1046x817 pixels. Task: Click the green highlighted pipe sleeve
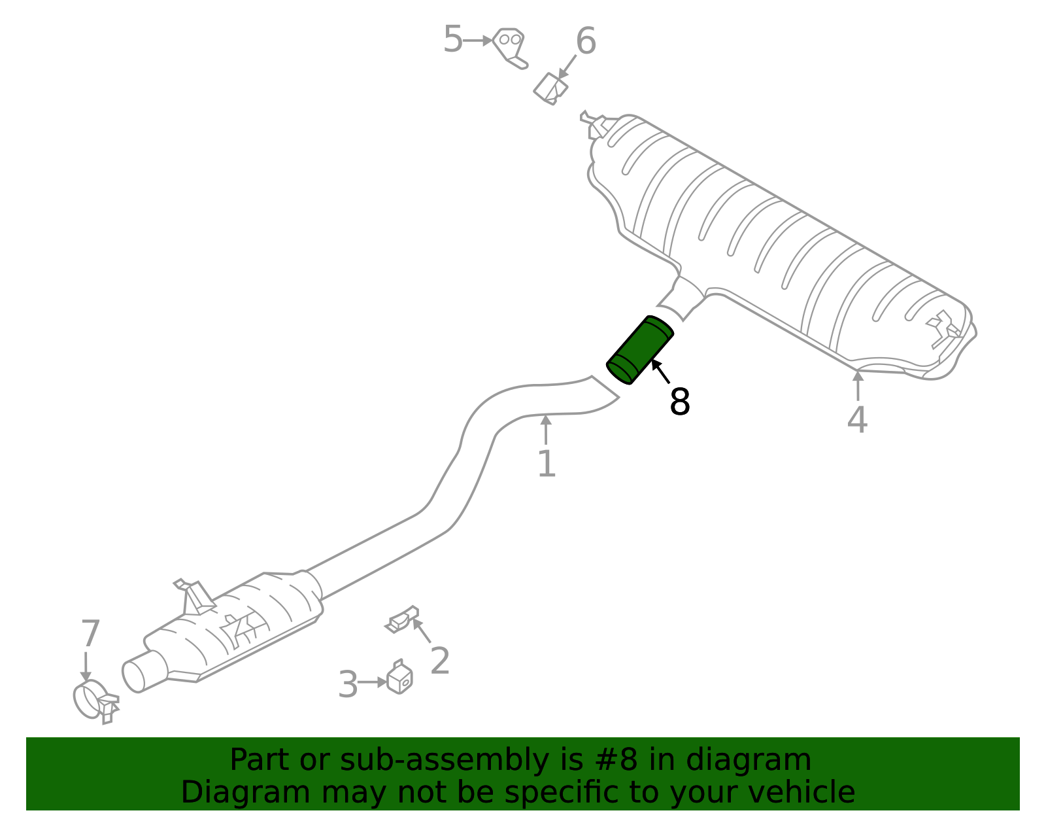pos(640,350)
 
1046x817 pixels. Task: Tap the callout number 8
pos(680,402)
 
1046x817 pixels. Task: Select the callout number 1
pos(547,464)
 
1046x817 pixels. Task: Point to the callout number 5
pos(452,40)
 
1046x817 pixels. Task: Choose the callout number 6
pos(586,42)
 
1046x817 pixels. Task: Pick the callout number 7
pos(90,634)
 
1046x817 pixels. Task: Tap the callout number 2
pos(440,661)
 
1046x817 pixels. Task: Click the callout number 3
pos(348,685)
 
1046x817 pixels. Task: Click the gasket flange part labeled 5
pos(510,46)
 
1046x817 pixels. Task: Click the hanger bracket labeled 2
pos(402,619)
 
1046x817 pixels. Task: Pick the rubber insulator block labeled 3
pos(399,678)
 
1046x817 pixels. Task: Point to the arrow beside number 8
pos(660,372)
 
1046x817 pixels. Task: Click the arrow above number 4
pos(858,384)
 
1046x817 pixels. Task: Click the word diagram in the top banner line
pos(762,760)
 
